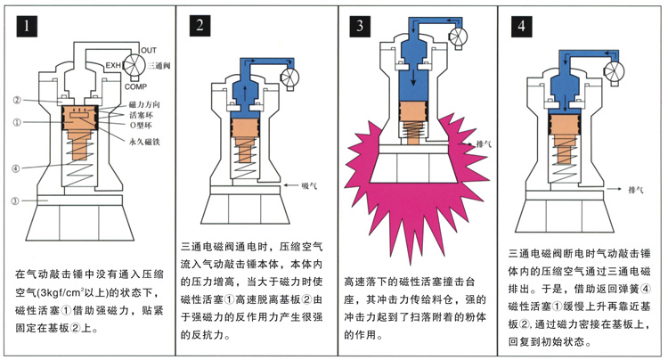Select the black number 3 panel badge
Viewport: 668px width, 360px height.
pos(361,26)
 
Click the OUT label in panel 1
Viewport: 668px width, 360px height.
pos(149,49)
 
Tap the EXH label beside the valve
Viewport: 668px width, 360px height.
pos(113,65)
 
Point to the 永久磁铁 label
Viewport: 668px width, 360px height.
pos(144,140)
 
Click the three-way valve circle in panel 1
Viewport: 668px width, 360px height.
pos(136,66)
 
